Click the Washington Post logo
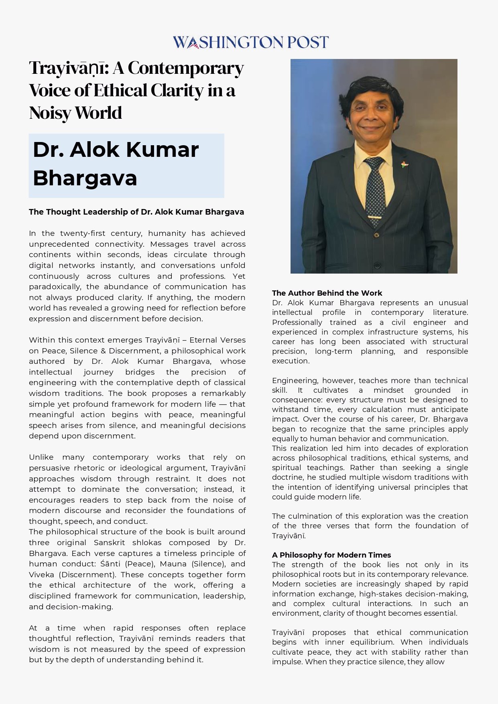(250, 42)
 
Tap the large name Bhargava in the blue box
(85, 178)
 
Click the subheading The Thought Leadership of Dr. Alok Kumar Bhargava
(136, 212)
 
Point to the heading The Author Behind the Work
(327, 293)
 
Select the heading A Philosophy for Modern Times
(331, 555)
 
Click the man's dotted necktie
(375, 189)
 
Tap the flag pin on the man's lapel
(404, 164)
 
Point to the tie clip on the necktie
(374, 218)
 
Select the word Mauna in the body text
(173, 564)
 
